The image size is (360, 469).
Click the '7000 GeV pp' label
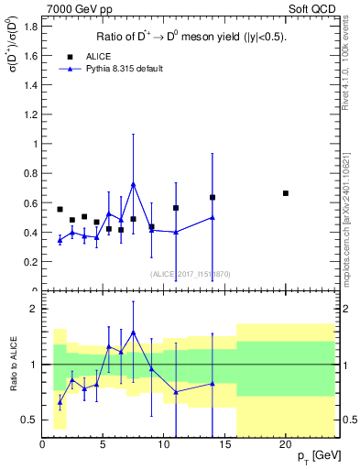[73, 8]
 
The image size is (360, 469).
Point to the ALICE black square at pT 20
[286, 193]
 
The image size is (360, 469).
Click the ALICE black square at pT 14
[213, 197]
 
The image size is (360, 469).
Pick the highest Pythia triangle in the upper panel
[133, 184]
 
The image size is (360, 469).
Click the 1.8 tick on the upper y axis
[29, 26]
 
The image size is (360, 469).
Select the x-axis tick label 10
[164, 444]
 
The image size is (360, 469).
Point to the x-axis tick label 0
[42, 444]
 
